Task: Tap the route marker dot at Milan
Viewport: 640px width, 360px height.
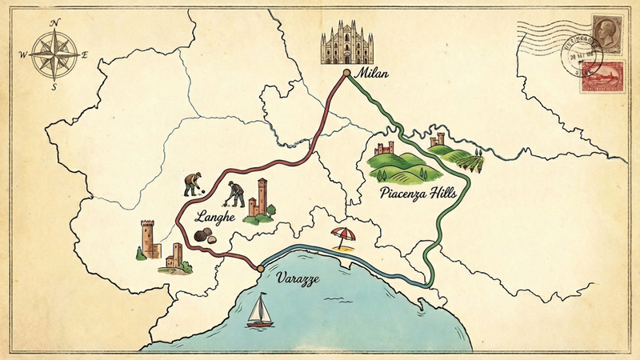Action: (x=346, y=73)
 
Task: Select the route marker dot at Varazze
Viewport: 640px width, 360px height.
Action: (x=260, y=269)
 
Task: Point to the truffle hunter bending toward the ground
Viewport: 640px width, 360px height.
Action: (x=192, y=183)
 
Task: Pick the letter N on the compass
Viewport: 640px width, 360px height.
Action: (x=54, y=24)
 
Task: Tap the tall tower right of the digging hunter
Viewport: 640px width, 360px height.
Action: (x=262, y=196)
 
